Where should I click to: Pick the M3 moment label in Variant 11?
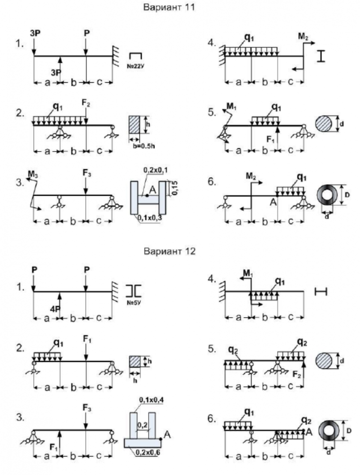[x=34, y=175]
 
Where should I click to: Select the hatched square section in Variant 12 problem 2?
[x=135, y=361]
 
